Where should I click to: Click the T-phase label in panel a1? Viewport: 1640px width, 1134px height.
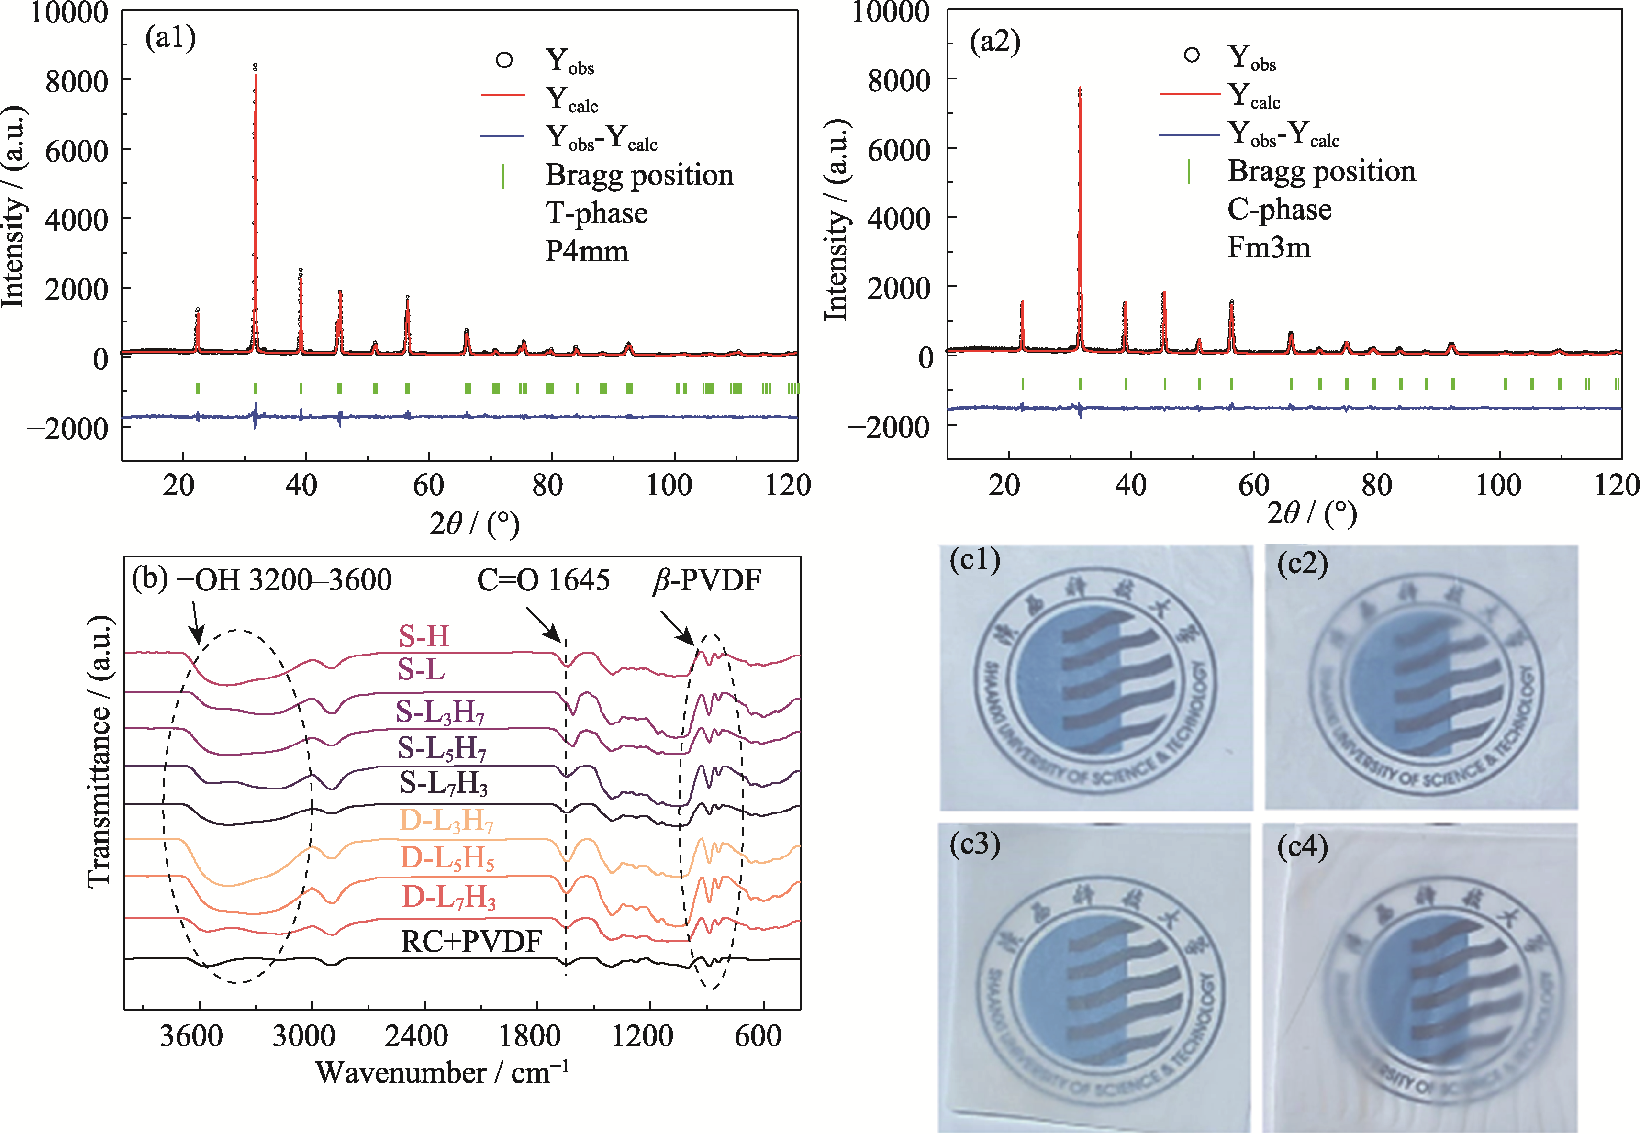tap(596, 213)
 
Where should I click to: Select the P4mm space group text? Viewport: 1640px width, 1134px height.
tap(587, 252)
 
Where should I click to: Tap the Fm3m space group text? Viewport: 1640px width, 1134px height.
tap(1269, 247)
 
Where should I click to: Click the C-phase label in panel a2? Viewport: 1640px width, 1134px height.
tap(1279, 209)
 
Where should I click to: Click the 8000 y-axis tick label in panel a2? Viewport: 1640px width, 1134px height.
tap(898, 80)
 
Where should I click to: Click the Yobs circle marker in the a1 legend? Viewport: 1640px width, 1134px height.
tap(504, 60)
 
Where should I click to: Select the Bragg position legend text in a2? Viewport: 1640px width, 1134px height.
tap(1322, 171)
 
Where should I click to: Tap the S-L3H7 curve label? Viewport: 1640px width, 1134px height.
tap(441, 711)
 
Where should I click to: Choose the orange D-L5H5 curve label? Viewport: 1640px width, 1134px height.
tap(447, 858)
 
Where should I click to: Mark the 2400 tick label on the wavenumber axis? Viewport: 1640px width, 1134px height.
tap(416, 1036)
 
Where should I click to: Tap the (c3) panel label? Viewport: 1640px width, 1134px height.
tap(975, 844)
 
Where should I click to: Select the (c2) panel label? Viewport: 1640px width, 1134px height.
tap(1303, 564)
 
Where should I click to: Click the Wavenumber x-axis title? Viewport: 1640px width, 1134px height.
tap(442, 1073)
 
